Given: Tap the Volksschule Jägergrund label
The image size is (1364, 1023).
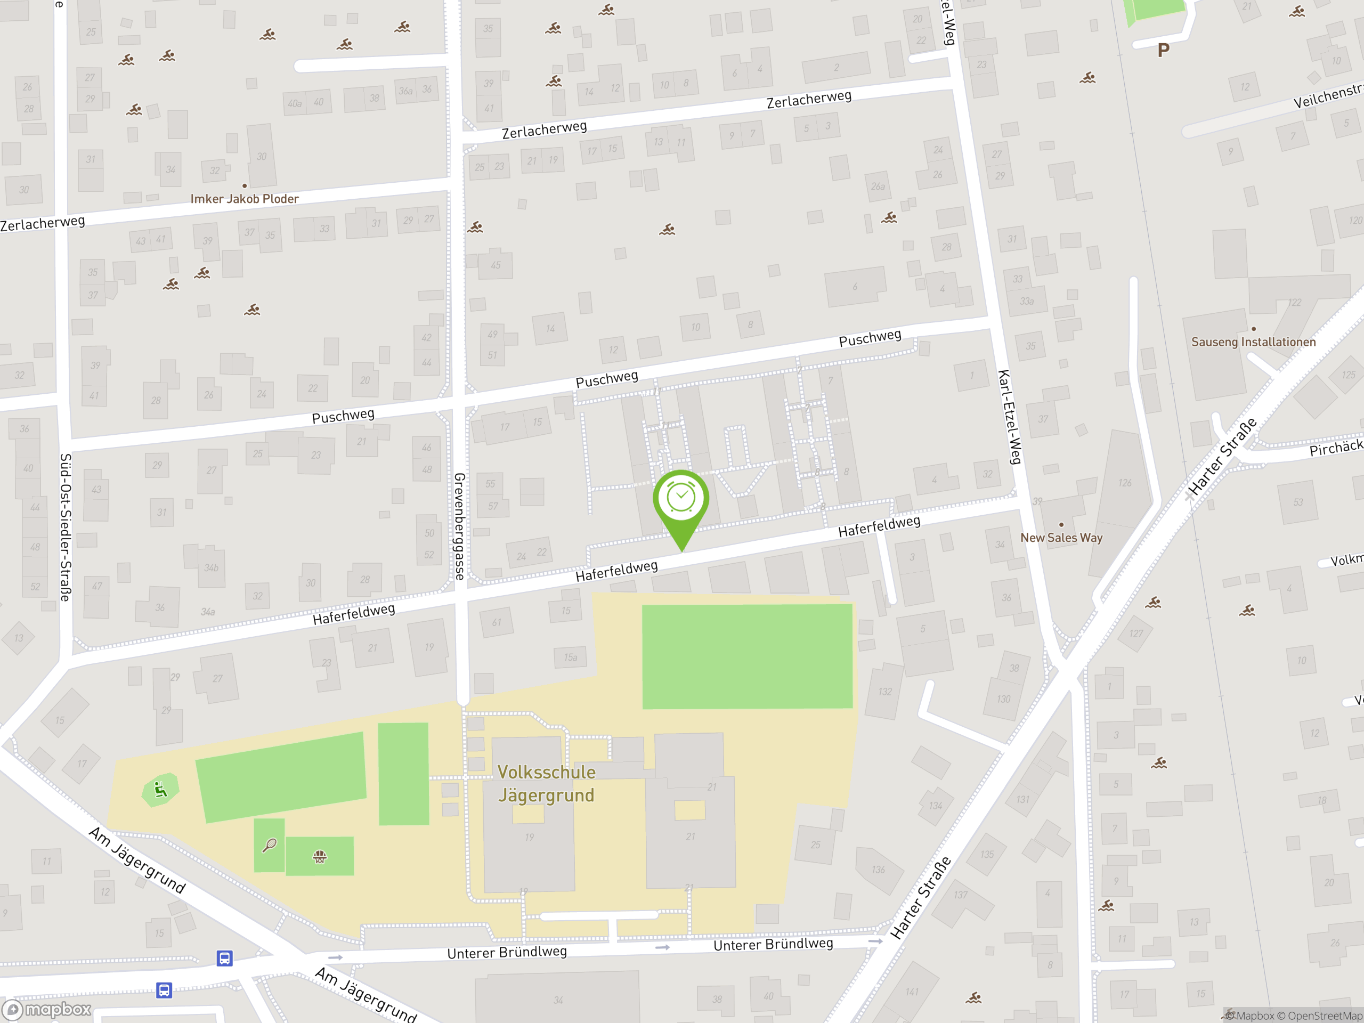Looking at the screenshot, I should coord(546,784).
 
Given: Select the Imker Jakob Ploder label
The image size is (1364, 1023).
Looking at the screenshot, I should coord(244,199).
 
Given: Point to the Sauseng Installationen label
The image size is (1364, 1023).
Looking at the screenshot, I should coord(1253,342).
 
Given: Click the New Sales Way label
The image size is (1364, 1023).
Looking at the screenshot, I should coord(1061,538).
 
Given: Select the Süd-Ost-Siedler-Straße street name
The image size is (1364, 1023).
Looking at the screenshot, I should coord(66,527).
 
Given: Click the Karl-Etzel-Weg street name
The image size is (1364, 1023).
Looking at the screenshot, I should coord(1010,417).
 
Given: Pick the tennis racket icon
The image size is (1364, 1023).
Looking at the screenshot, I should coord(270,846).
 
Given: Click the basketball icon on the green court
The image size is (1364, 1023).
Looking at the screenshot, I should coord(319,857).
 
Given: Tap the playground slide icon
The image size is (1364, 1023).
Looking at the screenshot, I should coord(160,790).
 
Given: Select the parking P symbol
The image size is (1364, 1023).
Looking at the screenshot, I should coord(1163,51).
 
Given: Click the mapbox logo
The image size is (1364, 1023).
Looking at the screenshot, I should coord(47,1010).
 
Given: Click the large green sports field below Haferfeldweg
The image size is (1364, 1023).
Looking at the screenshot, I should coord(748,657).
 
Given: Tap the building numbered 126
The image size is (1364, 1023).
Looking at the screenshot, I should coord(1125,483).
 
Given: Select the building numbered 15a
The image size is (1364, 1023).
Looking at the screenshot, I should coord(571,657).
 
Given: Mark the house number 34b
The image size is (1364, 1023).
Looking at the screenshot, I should coord(211,568).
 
